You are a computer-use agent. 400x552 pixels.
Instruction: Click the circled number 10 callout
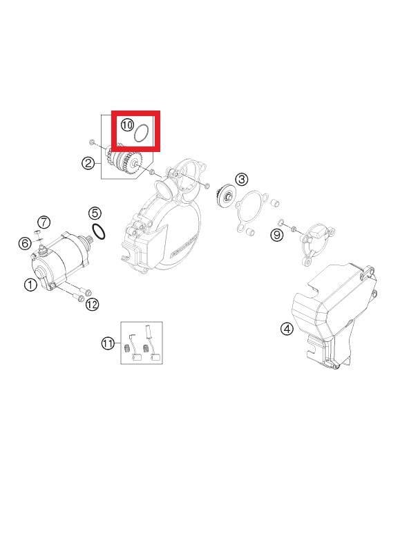click(128, 124)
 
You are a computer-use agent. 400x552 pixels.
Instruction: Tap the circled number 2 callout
click(88, 162)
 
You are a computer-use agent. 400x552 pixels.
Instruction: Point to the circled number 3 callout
click(242, 179)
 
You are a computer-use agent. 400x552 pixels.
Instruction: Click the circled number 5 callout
click(95, 213)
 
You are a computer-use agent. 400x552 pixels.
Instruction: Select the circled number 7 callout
click(44, 222)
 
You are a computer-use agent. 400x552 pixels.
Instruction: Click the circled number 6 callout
click(25, 243)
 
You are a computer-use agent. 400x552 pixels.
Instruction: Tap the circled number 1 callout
click(30, 285)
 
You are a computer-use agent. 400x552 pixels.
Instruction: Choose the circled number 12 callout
click(93, 304)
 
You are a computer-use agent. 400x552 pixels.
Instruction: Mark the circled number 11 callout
click(108, 343)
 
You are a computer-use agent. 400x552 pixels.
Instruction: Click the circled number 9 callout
click(277, 235)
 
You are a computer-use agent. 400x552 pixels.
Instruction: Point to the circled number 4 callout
click(287, 329)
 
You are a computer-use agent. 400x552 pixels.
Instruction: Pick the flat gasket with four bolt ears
click(251, 211)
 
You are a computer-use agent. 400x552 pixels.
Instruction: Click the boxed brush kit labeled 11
click(142, 343)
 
